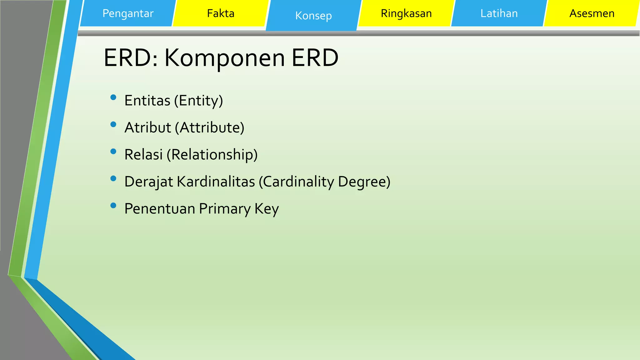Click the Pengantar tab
[128, 13]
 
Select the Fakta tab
[221, 13]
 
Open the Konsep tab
[313, 16]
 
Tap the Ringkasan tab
[406, 13]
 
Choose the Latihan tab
[499, 13]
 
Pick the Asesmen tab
[592, 13]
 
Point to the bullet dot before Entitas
[113, 97]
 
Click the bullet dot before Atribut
[113, 124]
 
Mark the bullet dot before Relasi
[113, 152]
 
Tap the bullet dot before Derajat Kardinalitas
[113, 178]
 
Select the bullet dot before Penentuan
[113, 205]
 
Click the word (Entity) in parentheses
[198, 101]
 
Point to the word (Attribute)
[209, 127]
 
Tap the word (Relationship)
[212, 155]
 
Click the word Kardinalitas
[216, 182]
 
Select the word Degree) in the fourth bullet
[364, 182]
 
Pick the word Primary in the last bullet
[225, 209]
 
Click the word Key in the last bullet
[267, 209]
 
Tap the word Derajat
[148, 182]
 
